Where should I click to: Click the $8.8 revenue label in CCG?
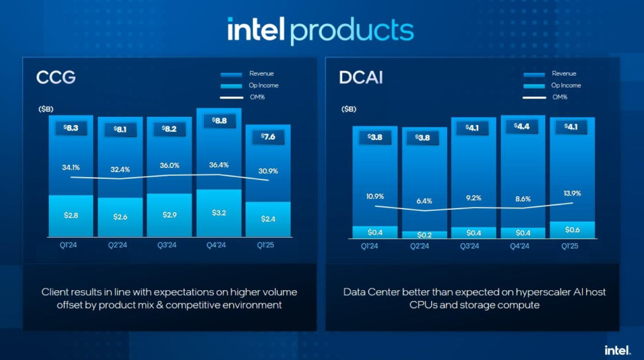click(218, 121)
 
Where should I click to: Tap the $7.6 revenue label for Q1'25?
click(268, 137)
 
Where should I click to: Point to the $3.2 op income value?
click(218, 212)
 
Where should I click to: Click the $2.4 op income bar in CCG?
click(268, 219)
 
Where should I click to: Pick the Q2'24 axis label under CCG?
click(120, 244)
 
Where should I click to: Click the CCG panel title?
click(56, 78)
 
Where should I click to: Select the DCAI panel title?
click(361, 78)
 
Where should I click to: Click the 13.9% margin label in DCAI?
click(571, 193)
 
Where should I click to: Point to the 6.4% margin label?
click(424, 201)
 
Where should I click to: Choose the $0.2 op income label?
click(424, 235)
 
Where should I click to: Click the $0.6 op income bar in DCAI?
click(571, 230)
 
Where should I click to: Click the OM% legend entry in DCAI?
click(559, 97)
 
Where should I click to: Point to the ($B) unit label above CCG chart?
click(47, 110)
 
